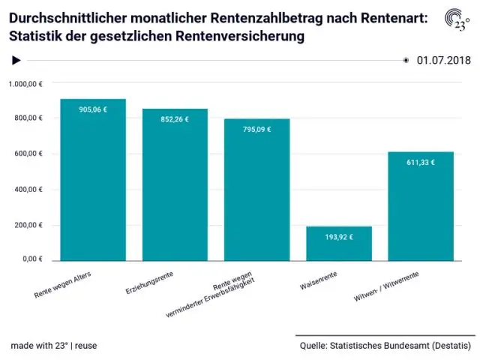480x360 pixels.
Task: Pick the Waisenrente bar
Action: pos(339,243)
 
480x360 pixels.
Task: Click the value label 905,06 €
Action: pos(93,109)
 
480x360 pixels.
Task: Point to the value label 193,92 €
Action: pos(339,237)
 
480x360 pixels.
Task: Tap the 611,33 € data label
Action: pos(421,163)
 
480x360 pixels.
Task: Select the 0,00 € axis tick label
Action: pos(32,259)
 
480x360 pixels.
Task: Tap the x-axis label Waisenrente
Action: pos(318,280)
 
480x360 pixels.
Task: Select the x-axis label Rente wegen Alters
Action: pos(63,285)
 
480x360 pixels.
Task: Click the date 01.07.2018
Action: pos(443,60)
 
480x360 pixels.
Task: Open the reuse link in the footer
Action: pos(85,346)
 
